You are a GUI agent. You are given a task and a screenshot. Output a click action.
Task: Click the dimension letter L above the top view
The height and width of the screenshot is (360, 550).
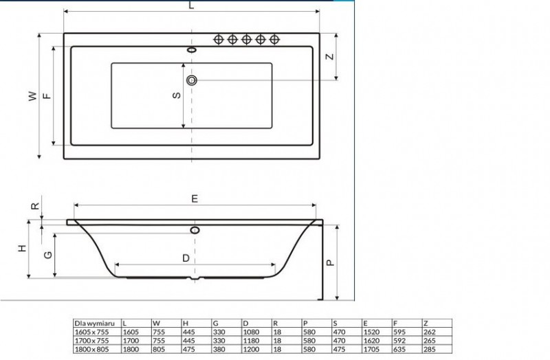point(191,5)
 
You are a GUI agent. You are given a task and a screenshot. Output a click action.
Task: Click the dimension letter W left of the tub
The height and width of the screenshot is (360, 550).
point(32,96)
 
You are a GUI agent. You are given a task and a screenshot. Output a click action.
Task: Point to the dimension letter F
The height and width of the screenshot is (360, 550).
point(47,95)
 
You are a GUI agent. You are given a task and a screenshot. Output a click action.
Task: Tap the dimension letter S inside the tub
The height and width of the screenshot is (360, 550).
point(177,95)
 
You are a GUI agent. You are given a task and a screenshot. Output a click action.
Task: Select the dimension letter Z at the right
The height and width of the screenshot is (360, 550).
point(330,56)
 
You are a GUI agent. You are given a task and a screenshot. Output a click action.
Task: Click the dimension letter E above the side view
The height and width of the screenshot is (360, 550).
point(195,199)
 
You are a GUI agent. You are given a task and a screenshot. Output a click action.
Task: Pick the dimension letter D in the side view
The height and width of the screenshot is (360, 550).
point(186,258)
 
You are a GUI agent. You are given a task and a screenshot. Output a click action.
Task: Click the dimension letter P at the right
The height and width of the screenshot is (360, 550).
point(331,262)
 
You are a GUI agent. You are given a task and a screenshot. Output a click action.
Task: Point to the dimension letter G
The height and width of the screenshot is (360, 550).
point(48,255)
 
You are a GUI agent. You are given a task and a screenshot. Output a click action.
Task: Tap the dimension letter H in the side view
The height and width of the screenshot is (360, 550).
point(22,249)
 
